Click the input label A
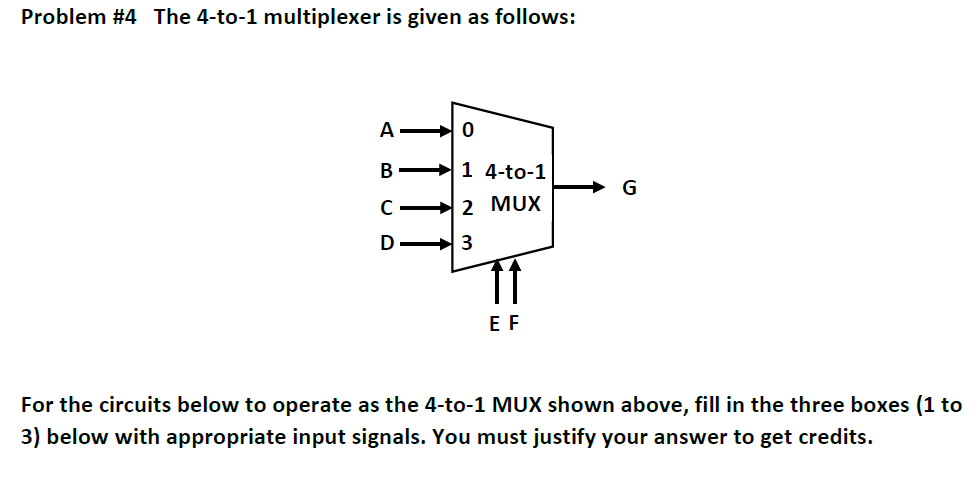(387, 129)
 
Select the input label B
(387, 170)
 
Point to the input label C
(387, 209)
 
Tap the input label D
(387, 243)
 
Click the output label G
(629, 187)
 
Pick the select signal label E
(494, 324)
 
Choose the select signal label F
(514, 324)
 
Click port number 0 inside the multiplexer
(467, 130)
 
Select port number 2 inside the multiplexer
(467, 208)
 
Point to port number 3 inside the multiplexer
(467, 243)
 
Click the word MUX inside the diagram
(516, 204)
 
